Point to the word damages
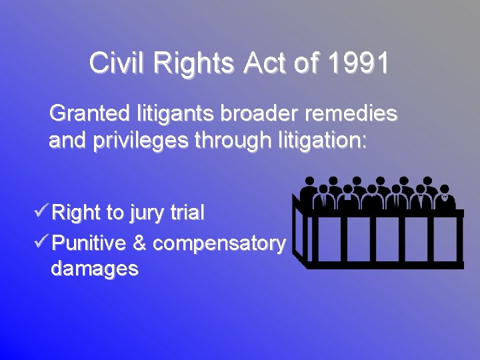tap(94, 269)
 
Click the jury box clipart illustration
tap(378, 221)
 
